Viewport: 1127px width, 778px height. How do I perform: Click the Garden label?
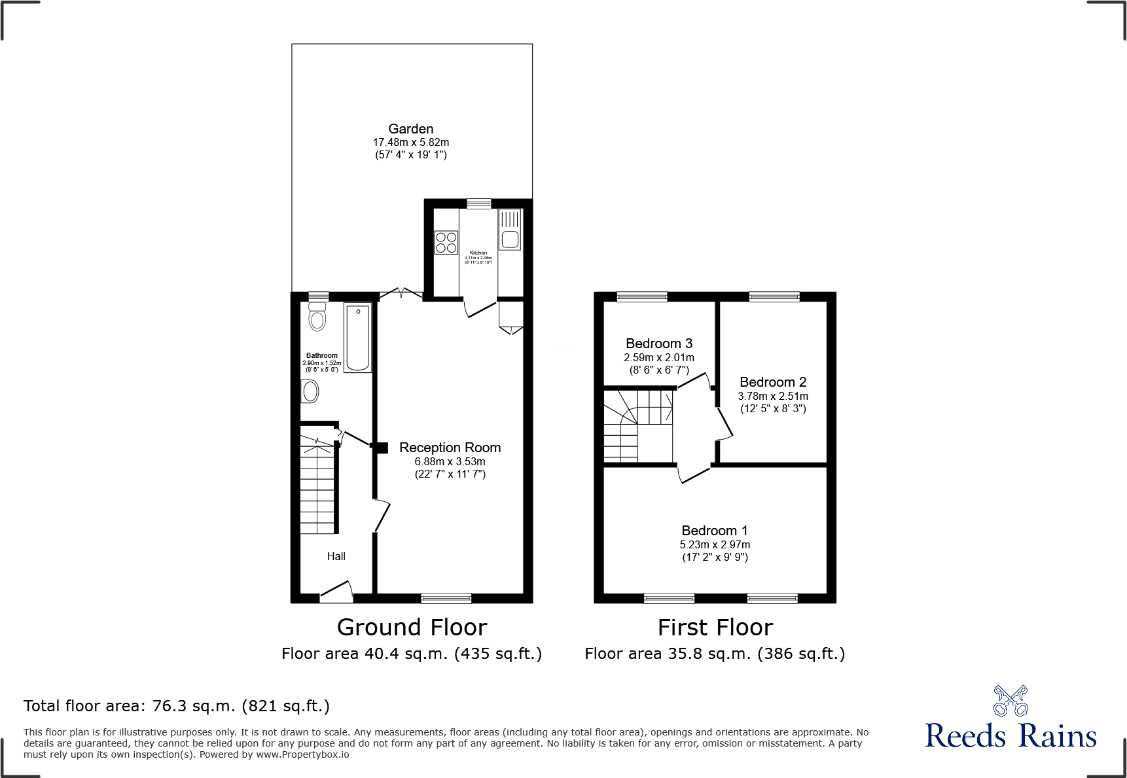tap(410, 129)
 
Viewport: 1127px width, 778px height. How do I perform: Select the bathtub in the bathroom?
tap(357, 338)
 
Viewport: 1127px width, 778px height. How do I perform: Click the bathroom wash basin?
tap(310, 391)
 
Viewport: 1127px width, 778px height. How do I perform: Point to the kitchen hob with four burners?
tap(446, 243)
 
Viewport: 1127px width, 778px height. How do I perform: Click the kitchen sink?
tap(510, 239)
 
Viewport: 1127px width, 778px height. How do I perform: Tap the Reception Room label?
tap(450, 448)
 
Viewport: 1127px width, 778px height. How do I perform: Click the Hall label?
tap(336, 556)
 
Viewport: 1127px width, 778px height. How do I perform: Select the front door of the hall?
tap(336, 592)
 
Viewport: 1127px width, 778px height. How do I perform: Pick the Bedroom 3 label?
tap(658, 344)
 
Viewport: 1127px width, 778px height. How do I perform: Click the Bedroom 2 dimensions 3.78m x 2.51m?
tap(772, 396)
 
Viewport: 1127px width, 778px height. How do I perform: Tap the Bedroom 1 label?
tap(714, 531)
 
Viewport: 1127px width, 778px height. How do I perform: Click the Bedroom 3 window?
tap(641, 297)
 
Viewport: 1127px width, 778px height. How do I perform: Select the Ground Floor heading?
tap(412, 628)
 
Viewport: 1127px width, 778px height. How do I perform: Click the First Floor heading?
tap(715, 628)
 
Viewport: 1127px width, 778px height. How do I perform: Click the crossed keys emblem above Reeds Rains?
tap(1011, 701)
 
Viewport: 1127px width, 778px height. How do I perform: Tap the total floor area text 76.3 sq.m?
tap(176, 706)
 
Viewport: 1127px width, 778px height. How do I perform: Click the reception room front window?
tap(446, 597)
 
